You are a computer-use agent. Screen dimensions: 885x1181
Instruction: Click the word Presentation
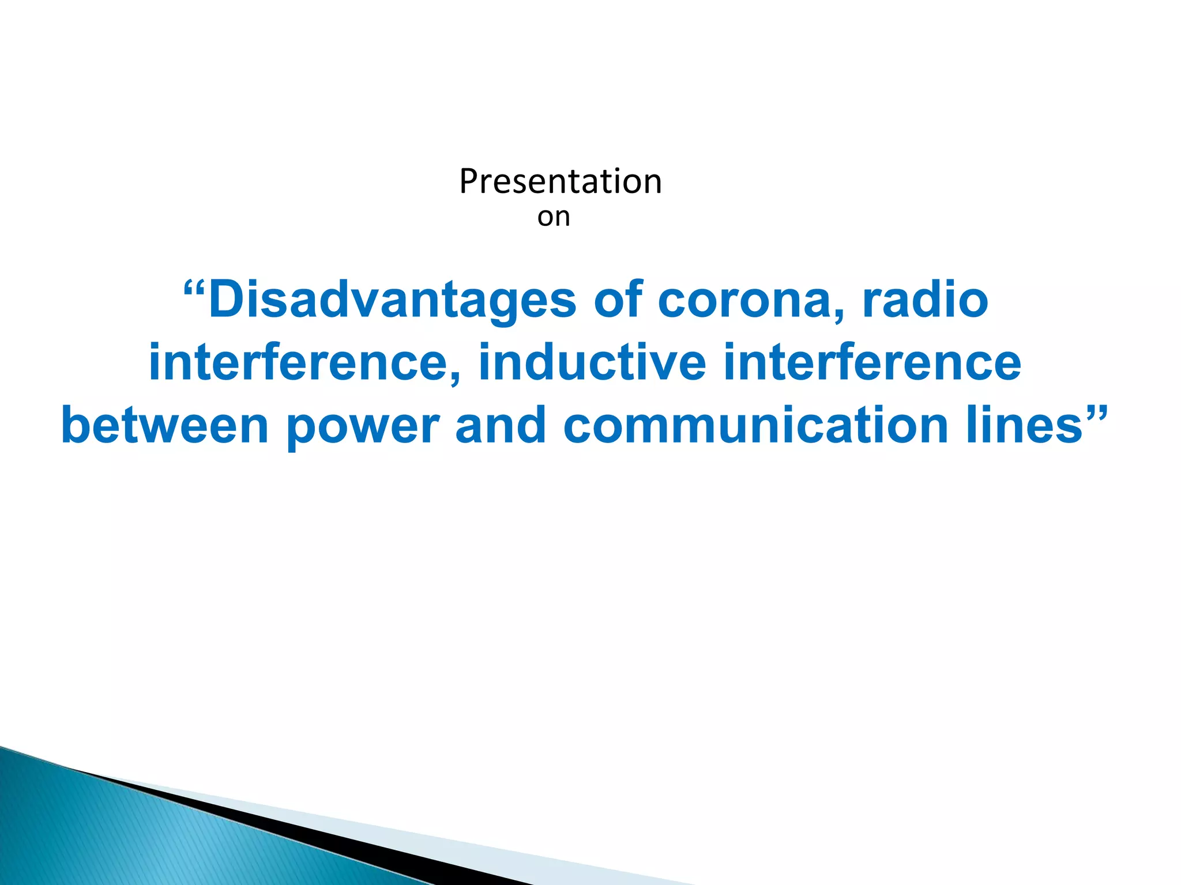point(560,181)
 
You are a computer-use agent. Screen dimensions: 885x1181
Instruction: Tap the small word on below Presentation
point(554,217)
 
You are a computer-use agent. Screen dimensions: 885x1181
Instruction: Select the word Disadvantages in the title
point(392,301)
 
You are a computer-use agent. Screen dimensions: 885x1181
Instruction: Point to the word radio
point(925,301)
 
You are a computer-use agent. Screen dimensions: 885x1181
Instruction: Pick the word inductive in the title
point(592,363)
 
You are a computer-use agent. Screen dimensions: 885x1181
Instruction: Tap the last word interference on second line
point(871,363)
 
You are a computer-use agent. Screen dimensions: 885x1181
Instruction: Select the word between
point(165,426)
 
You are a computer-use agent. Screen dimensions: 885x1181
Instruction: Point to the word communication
point(755,426)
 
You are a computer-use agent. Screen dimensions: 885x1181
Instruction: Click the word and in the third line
point(500,426)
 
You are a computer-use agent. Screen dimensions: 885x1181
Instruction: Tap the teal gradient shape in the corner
point(115,835)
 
